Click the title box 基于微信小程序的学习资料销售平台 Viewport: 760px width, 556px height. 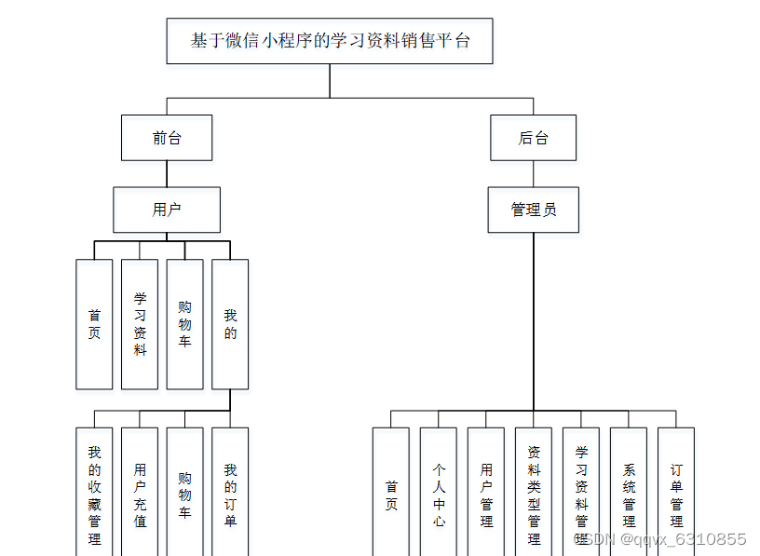click(330, 41)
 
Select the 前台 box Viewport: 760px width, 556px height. click(167, 138)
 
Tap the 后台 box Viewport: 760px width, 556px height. click(533, 138)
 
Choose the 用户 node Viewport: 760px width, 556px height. click(167, 210)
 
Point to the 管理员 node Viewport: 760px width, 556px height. click(533, 210)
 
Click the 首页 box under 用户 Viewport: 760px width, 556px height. click(94, 324)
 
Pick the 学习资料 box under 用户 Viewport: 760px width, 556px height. click(140, 324)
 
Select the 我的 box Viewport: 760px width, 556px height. click(230, 324)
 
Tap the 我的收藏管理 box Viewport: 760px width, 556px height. click(94, 492)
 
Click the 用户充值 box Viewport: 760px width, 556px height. click(140, 492)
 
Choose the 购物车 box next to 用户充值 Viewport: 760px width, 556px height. click(184, 492)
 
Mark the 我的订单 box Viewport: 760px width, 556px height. click(230, 492)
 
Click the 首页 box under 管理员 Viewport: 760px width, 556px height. click(391, 494)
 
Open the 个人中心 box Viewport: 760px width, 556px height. click(439, 494)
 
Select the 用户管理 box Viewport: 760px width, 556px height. click(486, 494)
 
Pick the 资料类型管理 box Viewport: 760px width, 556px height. click(534, 494)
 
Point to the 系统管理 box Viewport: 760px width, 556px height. click(629, 494)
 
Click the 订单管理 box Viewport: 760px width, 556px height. click(676, 494)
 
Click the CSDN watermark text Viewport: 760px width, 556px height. click(663, 539)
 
